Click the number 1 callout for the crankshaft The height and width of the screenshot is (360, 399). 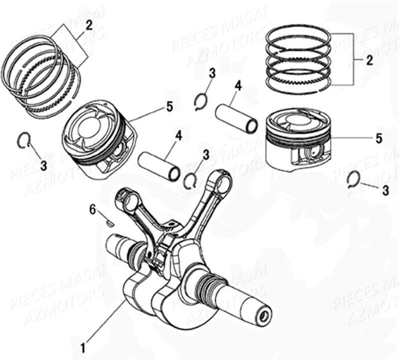(x=83, y=345)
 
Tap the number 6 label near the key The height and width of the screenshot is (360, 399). (x=92, y=210)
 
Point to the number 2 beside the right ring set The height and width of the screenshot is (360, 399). (x=370, y=61)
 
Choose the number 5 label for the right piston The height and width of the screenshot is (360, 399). (x=379, y=139)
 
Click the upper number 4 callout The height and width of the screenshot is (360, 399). (x=238, y=87)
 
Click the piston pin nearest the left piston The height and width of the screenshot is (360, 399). (x=159, y=166)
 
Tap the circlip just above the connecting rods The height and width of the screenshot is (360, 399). (x=190, y=181)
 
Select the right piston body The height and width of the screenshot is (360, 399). (x=297, y=142)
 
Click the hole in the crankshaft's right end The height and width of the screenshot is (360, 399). (x=262, y=315)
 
